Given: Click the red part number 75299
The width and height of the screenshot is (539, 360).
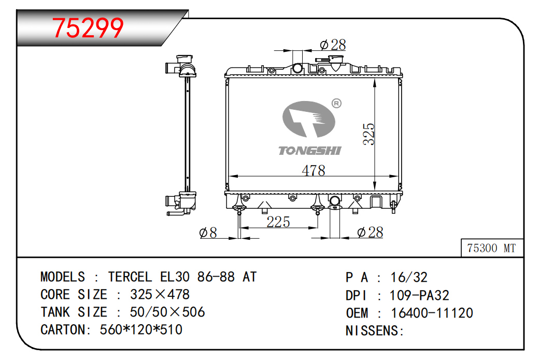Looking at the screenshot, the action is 88,28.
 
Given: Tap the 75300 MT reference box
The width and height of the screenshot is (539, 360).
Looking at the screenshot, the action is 492,248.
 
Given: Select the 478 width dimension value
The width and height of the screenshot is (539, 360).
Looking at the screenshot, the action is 313,170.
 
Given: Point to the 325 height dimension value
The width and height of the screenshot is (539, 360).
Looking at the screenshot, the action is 369,134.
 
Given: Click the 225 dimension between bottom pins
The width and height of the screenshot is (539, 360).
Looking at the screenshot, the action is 278,222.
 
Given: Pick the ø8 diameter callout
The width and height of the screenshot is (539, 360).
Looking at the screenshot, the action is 208,233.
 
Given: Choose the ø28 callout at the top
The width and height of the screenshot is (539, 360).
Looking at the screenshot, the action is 332,45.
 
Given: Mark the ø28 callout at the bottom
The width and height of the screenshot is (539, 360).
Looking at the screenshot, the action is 370,232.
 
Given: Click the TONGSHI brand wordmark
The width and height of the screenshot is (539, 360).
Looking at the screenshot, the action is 310,150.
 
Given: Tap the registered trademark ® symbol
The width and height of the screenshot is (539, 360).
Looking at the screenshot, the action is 336,103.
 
